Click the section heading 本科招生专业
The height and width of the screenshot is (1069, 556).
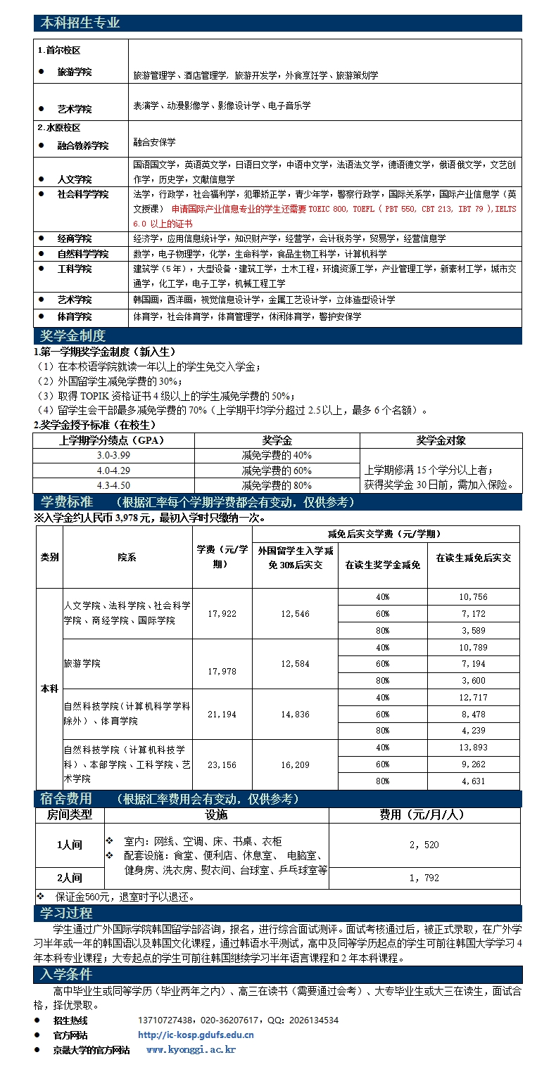click(80, 23)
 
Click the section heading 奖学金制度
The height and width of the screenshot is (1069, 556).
click(72, 336)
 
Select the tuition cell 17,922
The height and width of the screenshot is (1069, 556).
click(222, 614)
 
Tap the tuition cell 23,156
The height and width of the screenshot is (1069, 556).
click(222, 764)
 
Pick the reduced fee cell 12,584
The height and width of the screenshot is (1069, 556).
click(295, 664)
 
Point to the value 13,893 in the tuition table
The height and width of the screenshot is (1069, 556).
click(473, 748)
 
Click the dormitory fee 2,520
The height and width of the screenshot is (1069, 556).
click(424, 845)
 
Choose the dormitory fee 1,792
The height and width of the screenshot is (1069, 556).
click(424, 878)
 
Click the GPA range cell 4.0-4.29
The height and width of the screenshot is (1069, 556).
click(113, 471)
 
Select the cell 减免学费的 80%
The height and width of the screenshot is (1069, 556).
click(277, 485)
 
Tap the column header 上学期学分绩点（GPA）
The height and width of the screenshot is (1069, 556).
click(113, 441)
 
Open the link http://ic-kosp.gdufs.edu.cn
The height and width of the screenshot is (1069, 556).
click(196, 1035)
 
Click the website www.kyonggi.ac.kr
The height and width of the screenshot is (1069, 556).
click(191, 1049)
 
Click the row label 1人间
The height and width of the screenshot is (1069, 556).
click(70, 845)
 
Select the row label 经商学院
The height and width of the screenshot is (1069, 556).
click(75, 239)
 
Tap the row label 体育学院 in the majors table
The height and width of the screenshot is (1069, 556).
click(75, 317)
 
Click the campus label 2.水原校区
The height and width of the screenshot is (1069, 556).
click(59, 128)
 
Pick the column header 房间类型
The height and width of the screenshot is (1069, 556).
click(70, 814)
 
